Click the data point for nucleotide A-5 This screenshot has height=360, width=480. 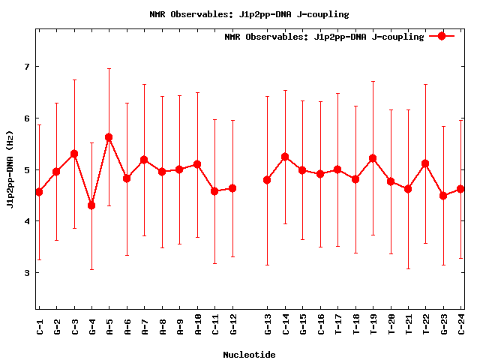(109, 137)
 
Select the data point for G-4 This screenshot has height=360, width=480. (91, 205)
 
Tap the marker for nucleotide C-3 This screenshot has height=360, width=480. (74, 154)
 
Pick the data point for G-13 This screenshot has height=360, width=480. (267, 180)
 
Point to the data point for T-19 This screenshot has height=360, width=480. (373, 158)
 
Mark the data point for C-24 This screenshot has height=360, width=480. (461, 189)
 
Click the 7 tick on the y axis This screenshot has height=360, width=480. (27, 67)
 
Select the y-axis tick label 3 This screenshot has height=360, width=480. (27, 273)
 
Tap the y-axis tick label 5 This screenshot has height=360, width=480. (27, 170)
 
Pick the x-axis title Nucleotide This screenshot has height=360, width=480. (249, 354)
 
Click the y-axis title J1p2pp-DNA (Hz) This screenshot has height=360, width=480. (10, 169)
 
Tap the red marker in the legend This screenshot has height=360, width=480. (442, 36)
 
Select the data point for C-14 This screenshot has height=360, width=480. (285, 157)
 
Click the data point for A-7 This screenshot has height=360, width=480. (144, 160)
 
